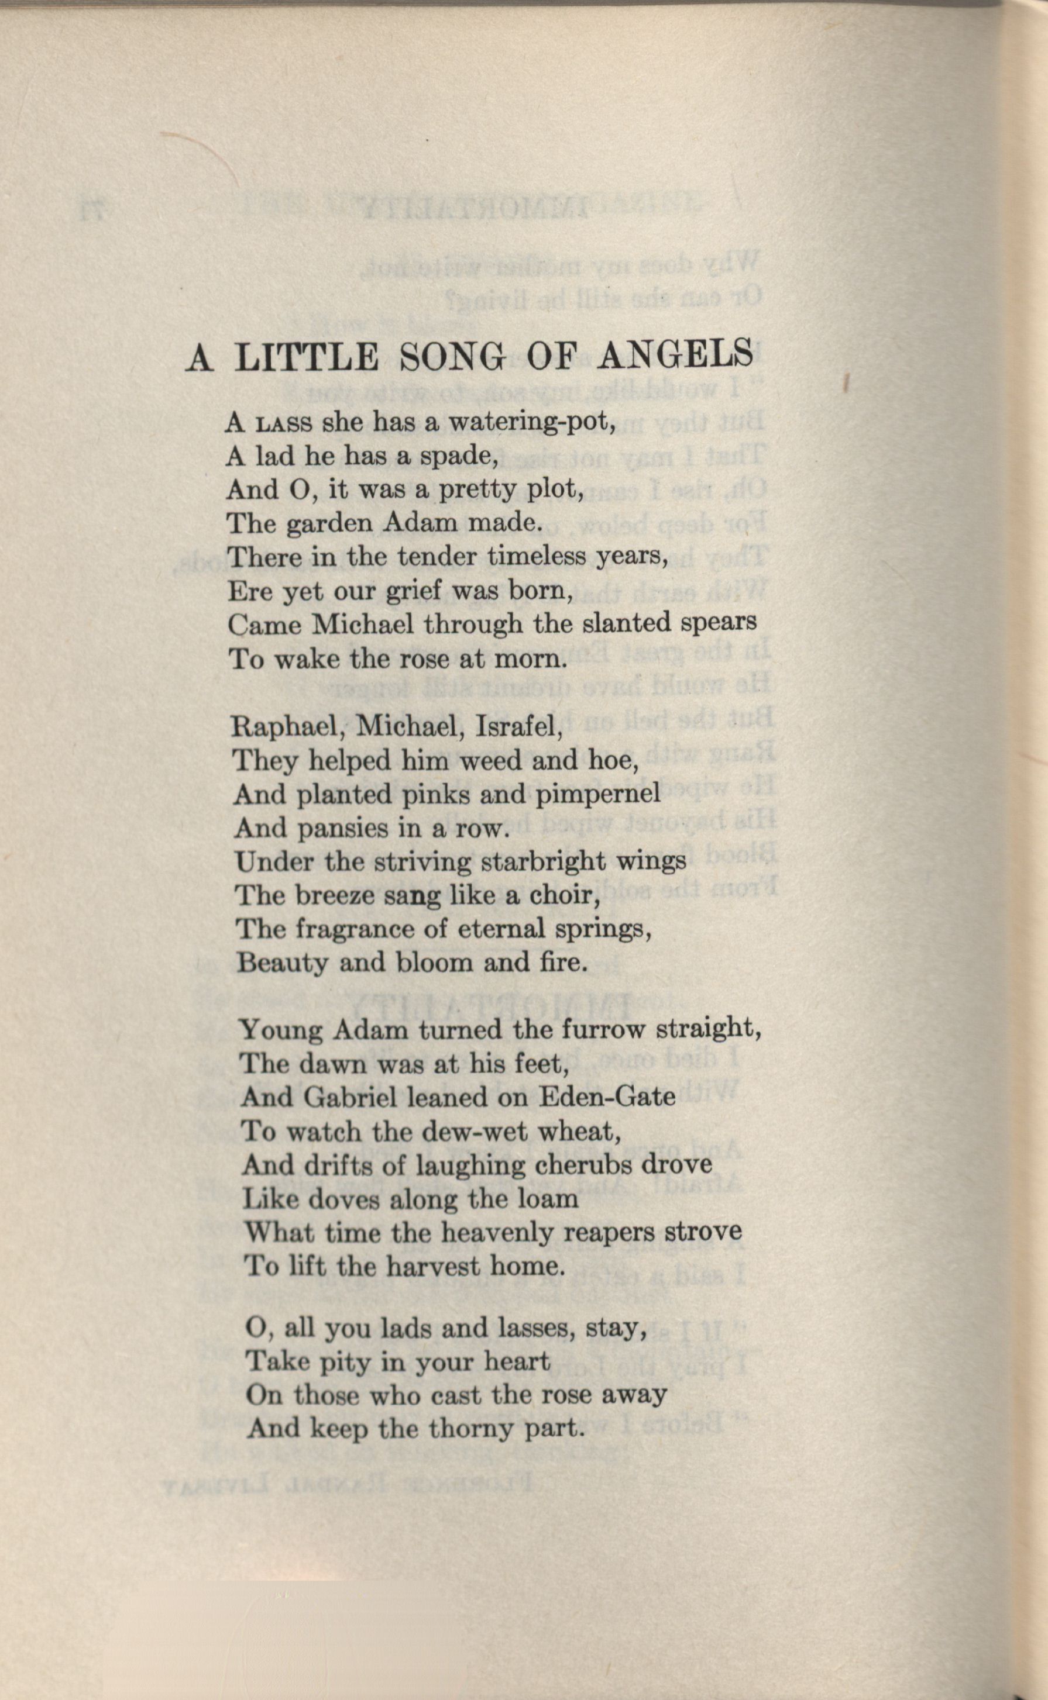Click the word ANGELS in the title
pyautogui.click(x=675, y=356)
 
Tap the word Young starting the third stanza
pyautogui.click(x=281, y=1031)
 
